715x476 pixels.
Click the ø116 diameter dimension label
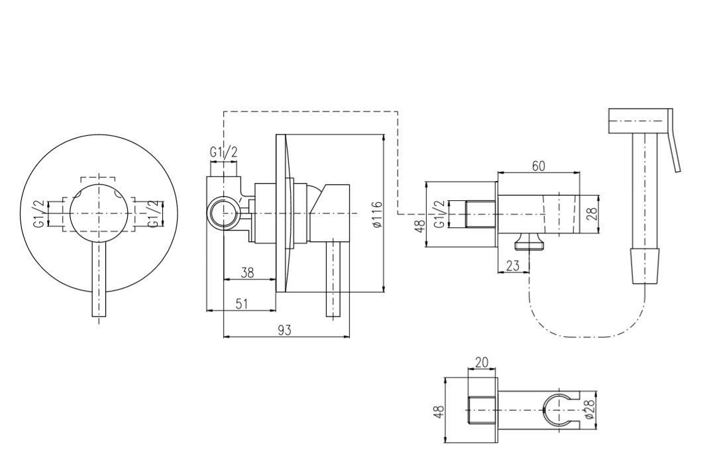pos(376,213)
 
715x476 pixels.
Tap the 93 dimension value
pos(284,330)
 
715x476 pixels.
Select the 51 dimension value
pos(241,304)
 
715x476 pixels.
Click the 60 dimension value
pos(539,166)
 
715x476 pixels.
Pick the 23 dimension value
pos(512,266)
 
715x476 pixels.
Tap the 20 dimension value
pos(482,362)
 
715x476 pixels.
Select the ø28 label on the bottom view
pos(588,410)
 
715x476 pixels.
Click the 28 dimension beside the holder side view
pos(592,214)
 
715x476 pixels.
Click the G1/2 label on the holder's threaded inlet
pos(440,214)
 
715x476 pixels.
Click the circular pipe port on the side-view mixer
pos(223,211)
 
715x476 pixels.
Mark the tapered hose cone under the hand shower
pos(644,266)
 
